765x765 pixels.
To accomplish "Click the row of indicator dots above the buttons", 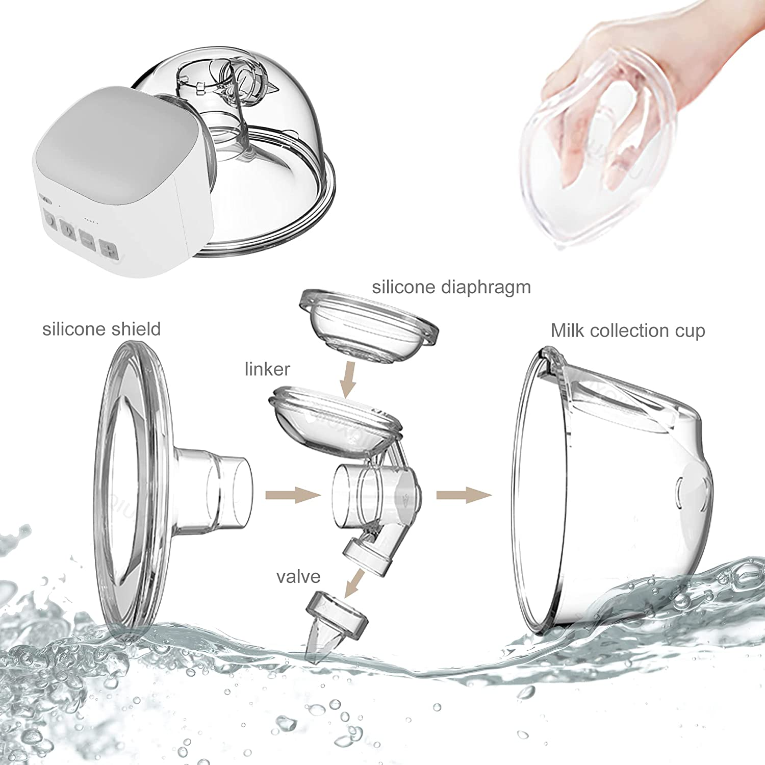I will [x=90, y=221].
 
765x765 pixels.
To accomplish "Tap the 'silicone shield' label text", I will [x=101, y=329].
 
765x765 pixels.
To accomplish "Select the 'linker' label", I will [x=267, y=369].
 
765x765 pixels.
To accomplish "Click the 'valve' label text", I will [x=298, y=577].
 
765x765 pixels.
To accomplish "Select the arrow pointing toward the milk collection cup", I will [x=463, y=494].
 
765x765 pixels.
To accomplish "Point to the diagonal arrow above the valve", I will [x=355, y=583].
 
